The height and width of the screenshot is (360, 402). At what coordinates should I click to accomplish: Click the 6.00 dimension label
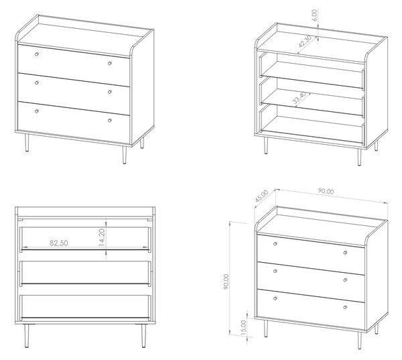[315, 15]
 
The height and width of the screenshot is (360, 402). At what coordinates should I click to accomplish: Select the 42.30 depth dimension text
[305, 42]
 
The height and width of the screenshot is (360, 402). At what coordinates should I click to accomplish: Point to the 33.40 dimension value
[299, 98]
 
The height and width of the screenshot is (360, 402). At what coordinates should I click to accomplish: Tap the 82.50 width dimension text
[59, 243]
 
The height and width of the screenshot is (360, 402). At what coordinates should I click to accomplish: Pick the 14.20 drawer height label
[102, 237]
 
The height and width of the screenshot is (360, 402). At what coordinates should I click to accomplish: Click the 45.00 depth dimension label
[262, 196]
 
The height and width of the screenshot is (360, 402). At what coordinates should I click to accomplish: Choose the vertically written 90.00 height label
[226, 282]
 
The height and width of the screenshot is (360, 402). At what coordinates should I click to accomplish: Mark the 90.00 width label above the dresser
[326, 191]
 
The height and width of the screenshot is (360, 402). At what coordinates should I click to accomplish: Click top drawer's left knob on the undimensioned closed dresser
[37, 54]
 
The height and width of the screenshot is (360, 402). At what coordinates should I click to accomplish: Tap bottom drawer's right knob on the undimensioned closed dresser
[110, 121]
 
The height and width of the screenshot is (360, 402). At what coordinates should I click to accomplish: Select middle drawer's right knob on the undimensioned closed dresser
[110, 92]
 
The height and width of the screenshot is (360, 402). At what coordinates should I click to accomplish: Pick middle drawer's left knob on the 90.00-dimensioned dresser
[275, 271]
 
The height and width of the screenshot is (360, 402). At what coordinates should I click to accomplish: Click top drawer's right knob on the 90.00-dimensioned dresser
[345, 253]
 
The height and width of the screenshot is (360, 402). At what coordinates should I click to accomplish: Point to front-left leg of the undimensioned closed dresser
[27, 143]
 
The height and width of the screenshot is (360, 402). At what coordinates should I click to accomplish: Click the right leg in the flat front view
[143, 336]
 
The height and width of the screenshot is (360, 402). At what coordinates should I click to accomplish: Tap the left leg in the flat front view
[26, 336]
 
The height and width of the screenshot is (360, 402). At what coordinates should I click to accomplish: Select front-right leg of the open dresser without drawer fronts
[359, 157]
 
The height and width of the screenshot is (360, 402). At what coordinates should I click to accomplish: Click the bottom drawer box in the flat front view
[85, 307]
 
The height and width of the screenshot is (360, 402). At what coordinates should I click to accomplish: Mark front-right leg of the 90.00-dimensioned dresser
[359, 341]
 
